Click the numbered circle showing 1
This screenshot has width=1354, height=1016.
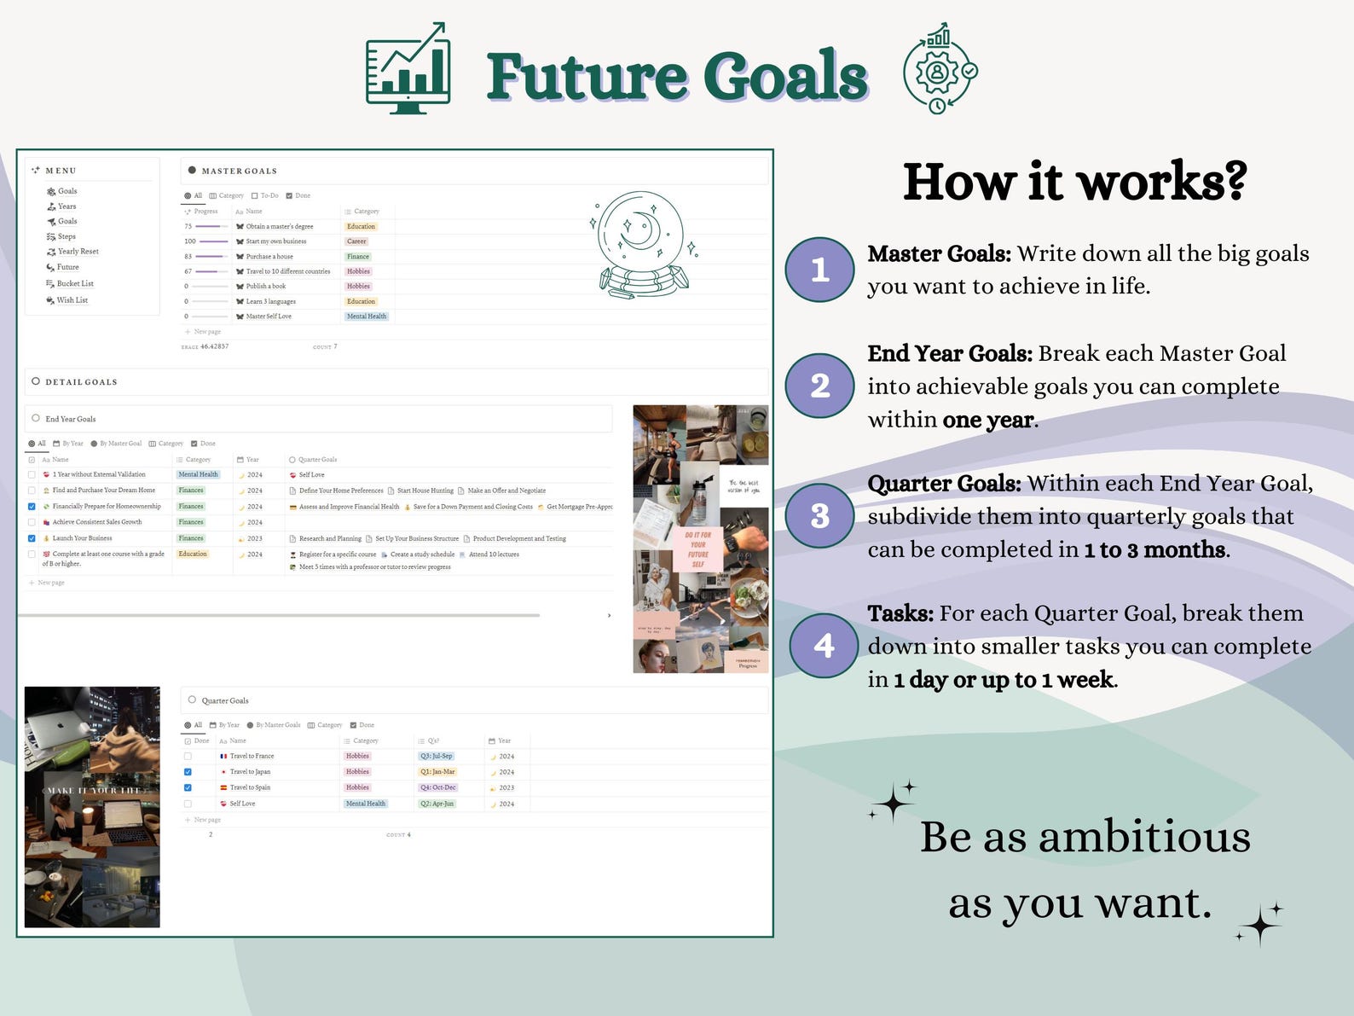coord(819,270)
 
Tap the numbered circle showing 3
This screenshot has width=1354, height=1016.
coord(819,515)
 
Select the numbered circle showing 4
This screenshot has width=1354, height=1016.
coord(823,645)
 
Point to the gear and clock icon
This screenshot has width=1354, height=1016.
coord(940,70)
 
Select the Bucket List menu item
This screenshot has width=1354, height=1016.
coord(75,283)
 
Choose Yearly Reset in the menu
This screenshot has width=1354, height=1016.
coord(78,252)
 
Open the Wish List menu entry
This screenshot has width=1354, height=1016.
coord(72,300)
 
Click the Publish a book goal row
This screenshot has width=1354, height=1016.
coord(265,287)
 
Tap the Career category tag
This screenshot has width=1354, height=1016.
coord(356,241)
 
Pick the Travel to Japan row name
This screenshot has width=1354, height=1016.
coord(250,772)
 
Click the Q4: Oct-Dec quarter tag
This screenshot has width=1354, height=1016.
coord(437,787)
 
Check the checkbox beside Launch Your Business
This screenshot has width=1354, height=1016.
coord(32,538)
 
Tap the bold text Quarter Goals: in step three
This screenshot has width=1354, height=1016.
coord(944,484)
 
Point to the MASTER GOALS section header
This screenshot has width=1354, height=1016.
coord(239,171)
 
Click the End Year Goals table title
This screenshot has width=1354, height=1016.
coord(71,419)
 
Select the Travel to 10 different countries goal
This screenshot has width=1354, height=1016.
coord(287,271)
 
